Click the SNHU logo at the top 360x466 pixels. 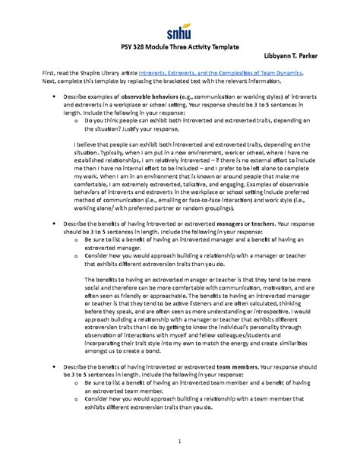click(180, 30)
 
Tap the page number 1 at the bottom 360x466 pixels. click(179, 443)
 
